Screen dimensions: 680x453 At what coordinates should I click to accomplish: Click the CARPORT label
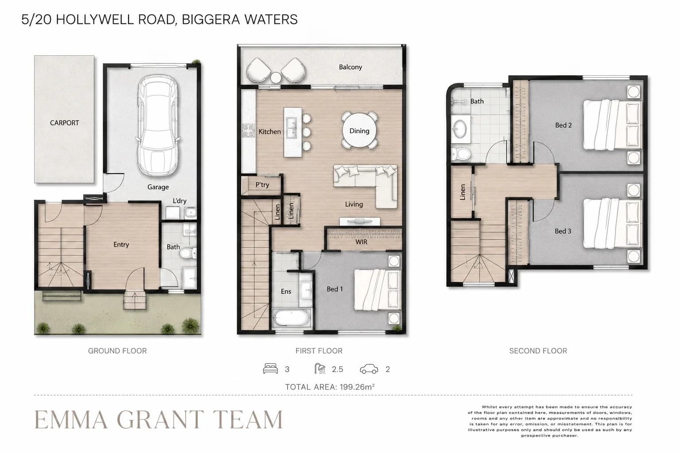pyautogui.click(x=64, y=123)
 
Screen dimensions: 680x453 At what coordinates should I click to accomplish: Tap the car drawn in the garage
pyautogui.click(x=158, y=125)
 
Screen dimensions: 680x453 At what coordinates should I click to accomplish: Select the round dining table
pyautogui.click(x=359, y=131)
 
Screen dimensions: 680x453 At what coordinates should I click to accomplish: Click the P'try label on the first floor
pyautogui.click(x=262, y=184)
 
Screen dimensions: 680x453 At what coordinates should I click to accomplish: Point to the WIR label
pyautogui.click(x=361, y=242)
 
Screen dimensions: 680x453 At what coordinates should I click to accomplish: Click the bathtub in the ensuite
pyautogui.click(x=291, y=318)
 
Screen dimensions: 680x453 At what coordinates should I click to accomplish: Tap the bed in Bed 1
pyautogui.click(x=378, y=290)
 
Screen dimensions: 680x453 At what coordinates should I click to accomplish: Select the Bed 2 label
pyautogui.click(x=564, y=125)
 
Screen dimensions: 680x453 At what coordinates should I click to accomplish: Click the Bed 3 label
pyautogui.click(x=563, y=231)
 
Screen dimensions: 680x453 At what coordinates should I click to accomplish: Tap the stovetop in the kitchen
pyautogui.click(x=248, y=131)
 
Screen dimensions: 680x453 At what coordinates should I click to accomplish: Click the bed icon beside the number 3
pyautogui.click(x=270, y=369)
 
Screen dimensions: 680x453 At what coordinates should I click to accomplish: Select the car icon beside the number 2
pyautogui.click(x=369, y=369)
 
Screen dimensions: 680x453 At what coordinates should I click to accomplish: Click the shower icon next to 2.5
pyautogui.click(x=320, y=369)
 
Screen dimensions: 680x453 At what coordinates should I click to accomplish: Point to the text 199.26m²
pyautogui.click(x=357, y=387)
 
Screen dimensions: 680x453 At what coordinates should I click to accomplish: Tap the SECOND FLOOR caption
pyautogui.click(x=538, y=351)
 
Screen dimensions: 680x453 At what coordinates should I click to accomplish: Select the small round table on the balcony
pyautogui.click(x=276, y=78)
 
